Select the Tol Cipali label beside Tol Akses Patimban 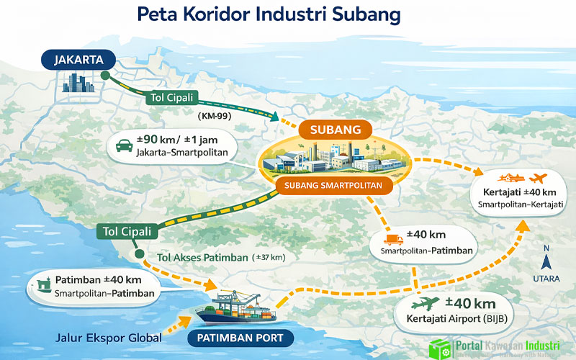tap(127, 231)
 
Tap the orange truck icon tap(392, 240)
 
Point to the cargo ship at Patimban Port tap(238, 308)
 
